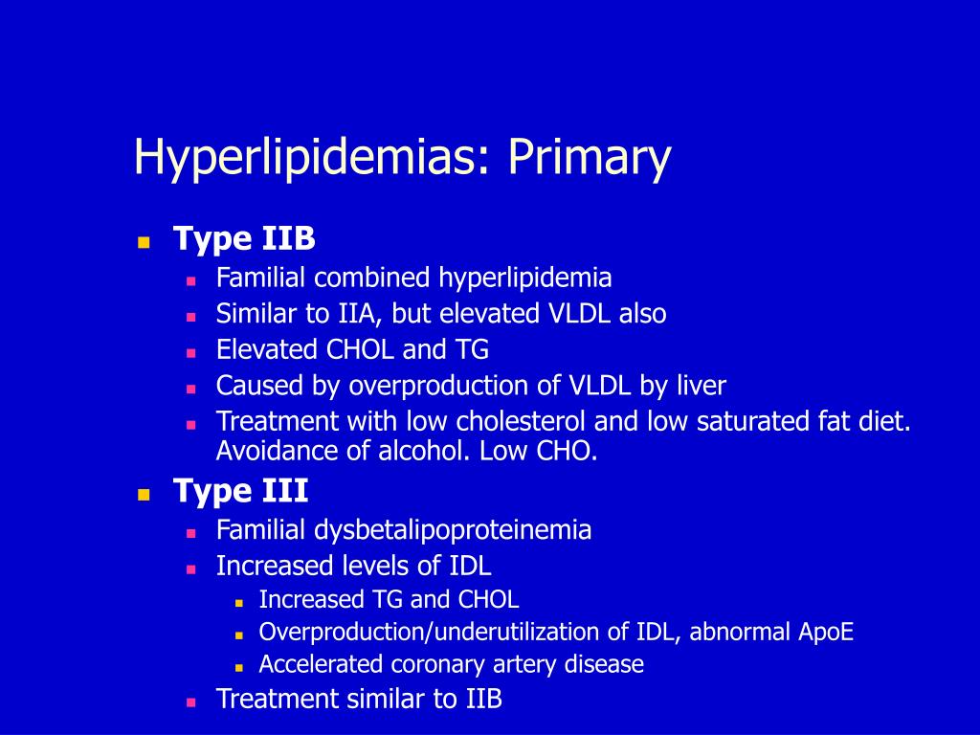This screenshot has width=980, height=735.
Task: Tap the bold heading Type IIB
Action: [x=244, y=238]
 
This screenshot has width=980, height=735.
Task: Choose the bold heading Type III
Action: [x=240, y=491]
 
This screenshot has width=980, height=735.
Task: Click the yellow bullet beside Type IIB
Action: [x=144, y=242]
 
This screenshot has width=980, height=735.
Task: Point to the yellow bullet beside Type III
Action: [x=144, y=495]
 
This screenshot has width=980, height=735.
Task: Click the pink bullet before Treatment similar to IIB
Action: [x=191, y=702]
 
